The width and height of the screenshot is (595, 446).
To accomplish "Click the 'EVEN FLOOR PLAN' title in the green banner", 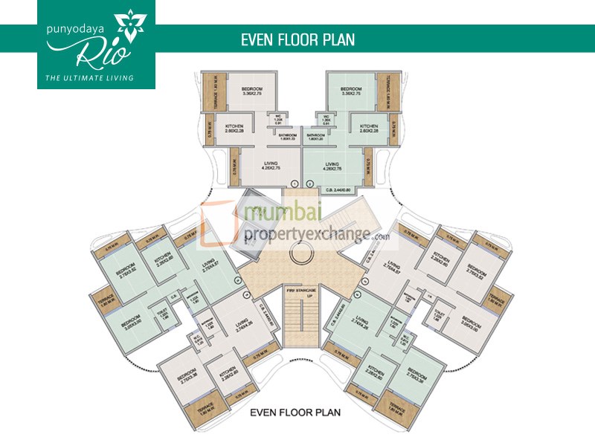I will (x=297, y=39).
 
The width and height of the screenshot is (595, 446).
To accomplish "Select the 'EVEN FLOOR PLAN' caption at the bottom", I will (x=295, y=412).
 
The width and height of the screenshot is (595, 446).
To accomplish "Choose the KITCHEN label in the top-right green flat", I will (x=370, y=129).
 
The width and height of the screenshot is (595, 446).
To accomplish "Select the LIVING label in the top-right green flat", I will (x=332, y=166).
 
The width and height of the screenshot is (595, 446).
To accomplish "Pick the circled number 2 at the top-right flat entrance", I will (x=309, y=183).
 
